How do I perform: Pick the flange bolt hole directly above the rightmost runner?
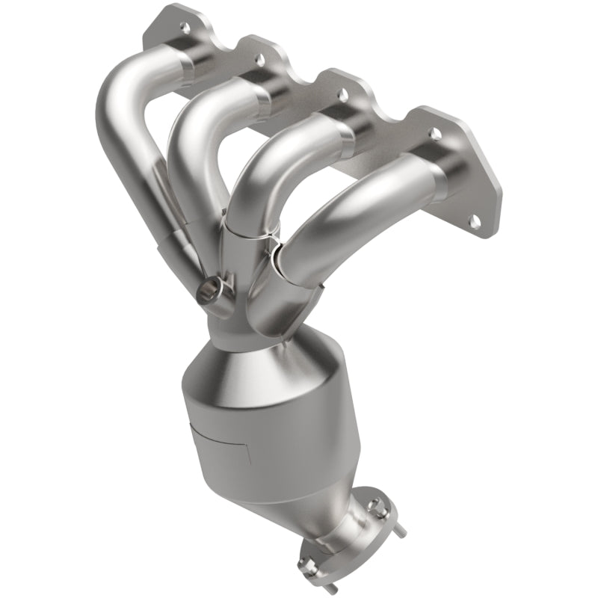(x=433, y=132)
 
